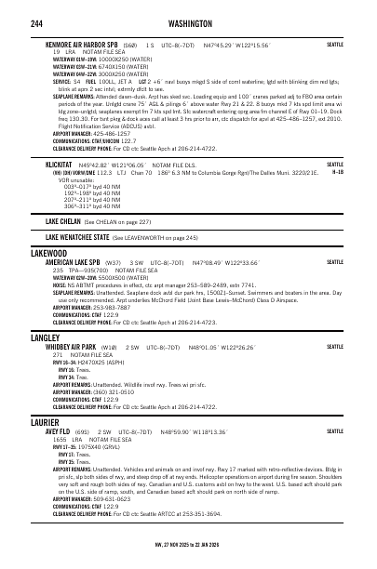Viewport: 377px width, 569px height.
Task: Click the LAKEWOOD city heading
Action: [48, 253]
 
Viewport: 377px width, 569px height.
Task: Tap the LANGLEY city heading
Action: [46, 337]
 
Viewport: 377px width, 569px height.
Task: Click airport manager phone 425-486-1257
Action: [114, 133]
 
